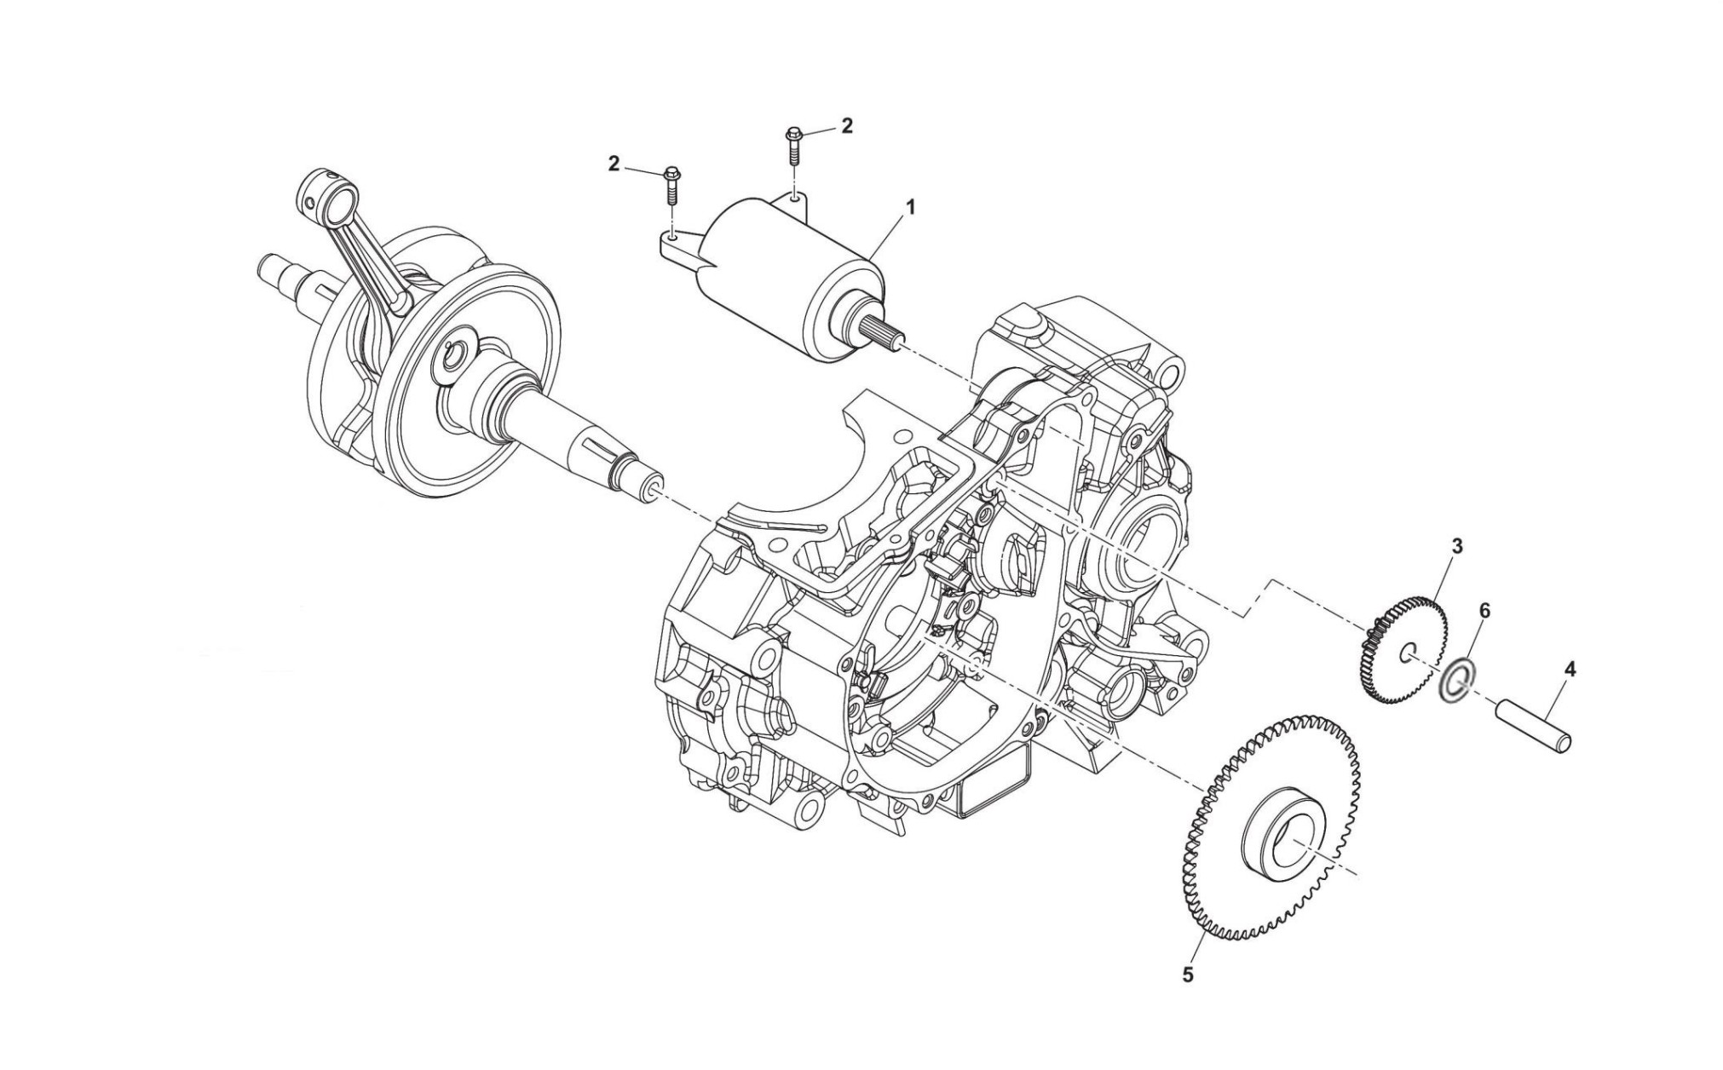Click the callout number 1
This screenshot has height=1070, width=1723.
tap(910, 207)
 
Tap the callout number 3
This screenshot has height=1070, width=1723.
tap(1456, 546)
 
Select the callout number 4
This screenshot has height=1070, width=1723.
tap(1570, 670)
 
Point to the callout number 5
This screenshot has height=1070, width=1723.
tap(1188, 975)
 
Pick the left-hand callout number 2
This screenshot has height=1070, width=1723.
tap(614, 164)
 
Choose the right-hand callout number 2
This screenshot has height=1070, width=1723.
tap(846, 126)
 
